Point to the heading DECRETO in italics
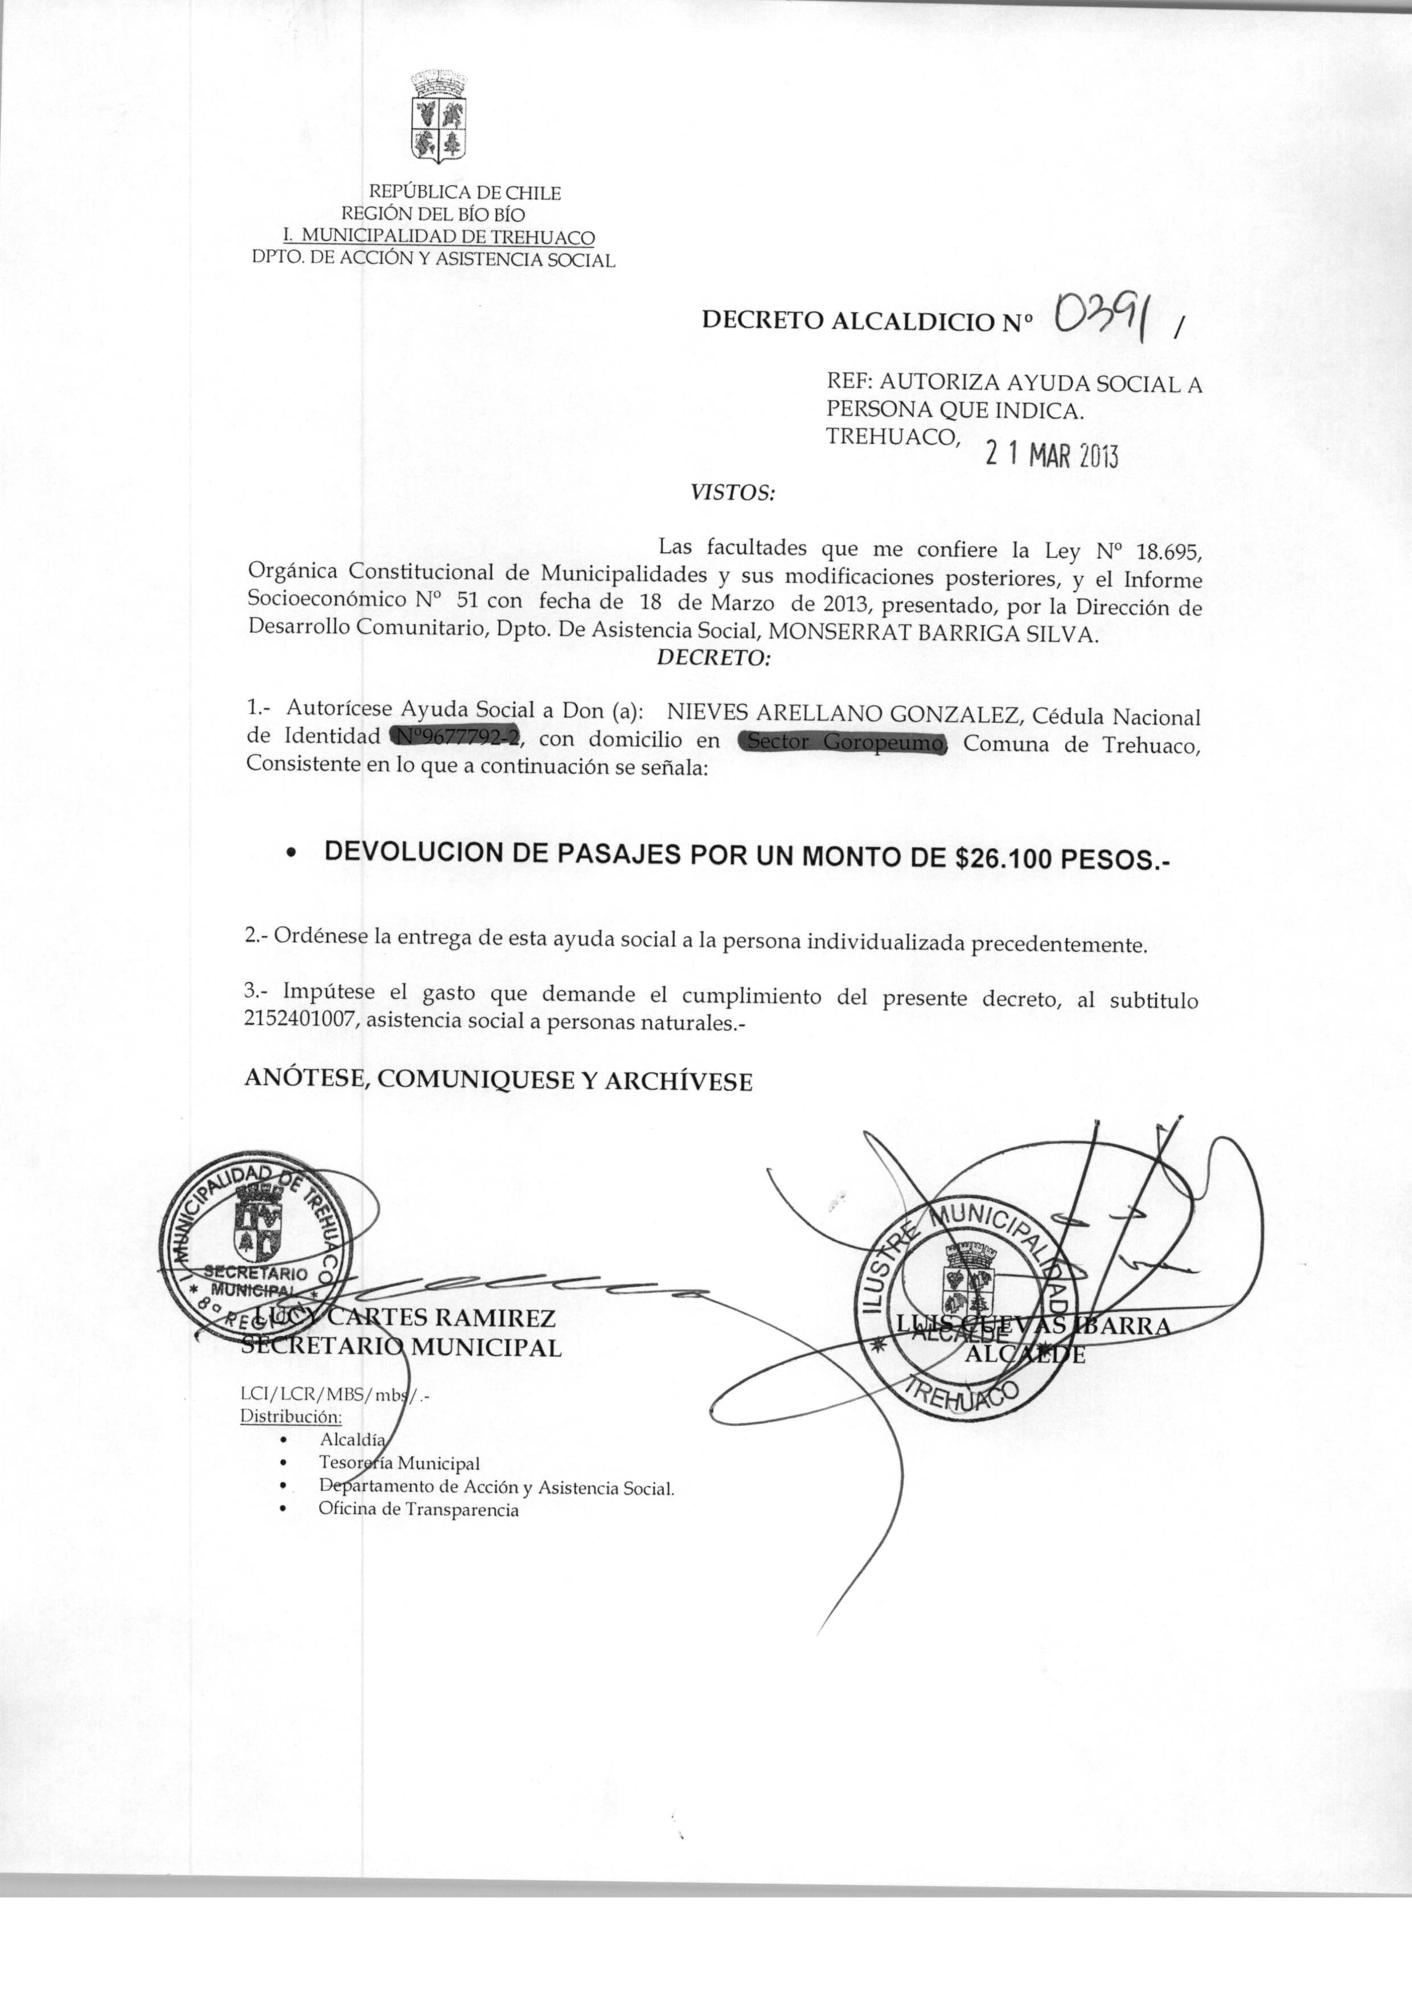(713, 658)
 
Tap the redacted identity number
(455, 738)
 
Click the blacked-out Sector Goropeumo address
(842, 743)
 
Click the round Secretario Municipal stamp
(255, 1245)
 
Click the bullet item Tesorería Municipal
(399, 1464)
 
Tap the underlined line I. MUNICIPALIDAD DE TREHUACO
(440, 236)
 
